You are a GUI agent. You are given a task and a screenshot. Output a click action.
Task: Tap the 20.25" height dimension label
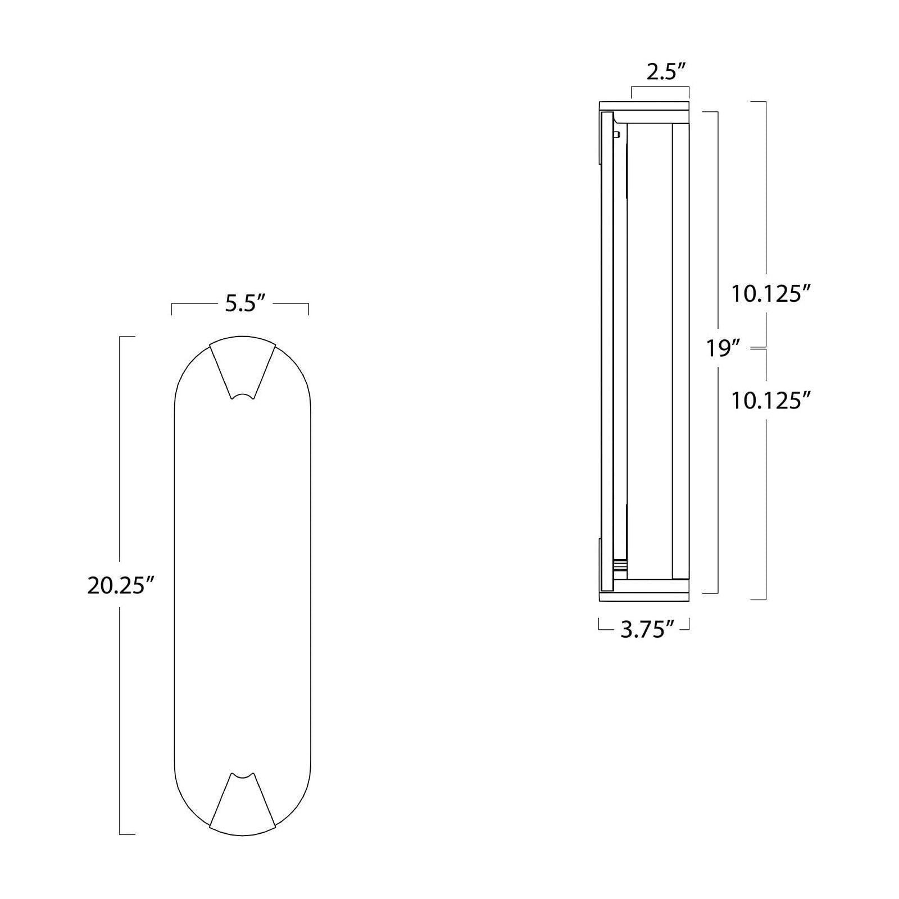point(120,586)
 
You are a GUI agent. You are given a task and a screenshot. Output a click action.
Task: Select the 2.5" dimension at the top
point(666,72)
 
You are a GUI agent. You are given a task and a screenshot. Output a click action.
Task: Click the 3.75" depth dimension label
point(647,630)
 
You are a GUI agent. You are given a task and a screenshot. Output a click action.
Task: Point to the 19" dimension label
point(721,348)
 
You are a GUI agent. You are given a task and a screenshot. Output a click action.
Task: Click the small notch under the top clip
point(243,397)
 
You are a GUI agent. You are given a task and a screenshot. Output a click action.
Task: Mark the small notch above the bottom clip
point(243,776)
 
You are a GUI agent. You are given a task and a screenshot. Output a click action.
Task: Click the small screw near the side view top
point(617,134)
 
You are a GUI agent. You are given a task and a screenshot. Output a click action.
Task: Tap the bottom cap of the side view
point(644,596)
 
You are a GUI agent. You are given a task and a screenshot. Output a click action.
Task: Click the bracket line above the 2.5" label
point(660,87)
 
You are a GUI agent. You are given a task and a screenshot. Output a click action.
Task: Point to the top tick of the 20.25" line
point(127,337)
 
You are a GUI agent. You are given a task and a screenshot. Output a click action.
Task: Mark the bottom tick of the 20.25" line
point(127,834)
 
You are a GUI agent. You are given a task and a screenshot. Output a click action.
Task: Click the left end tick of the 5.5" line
point(172,308)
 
